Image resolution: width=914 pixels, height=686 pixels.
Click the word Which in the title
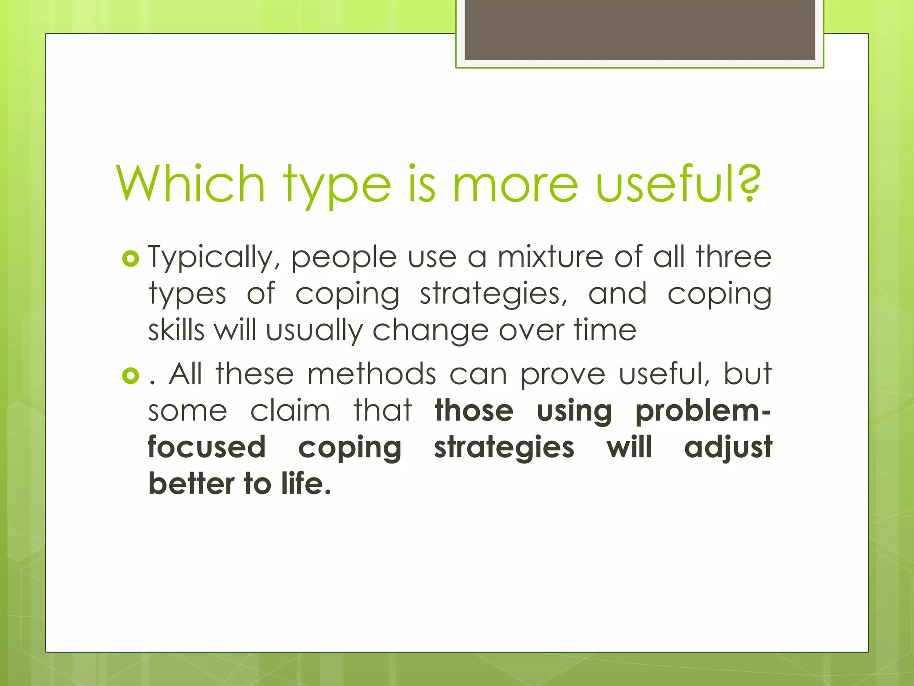point(191,184)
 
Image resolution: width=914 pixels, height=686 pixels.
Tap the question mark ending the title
point(746,184)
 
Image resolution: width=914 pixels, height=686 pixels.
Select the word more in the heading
point(515,184)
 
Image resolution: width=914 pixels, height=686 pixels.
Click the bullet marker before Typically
point(131,259)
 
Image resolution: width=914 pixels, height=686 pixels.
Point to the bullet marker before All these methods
point(131,376)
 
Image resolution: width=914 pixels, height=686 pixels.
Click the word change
point(430,331)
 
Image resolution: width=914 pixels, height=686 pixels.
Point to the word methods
point(372,374)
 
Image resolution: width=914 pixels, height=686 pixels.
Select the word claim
point(290,410)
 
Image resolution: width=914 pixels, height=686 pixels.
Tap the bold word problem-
point(703,410)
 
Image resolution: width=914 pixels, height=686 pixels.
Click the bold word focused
point(207,447)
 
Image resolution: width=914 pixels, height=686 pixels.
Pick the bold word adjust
point(728,448)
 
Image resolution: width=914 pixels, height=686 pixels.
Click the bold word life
point(306,483)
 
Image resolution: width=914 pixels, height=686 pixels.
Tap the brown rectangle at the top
point(640,29)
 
